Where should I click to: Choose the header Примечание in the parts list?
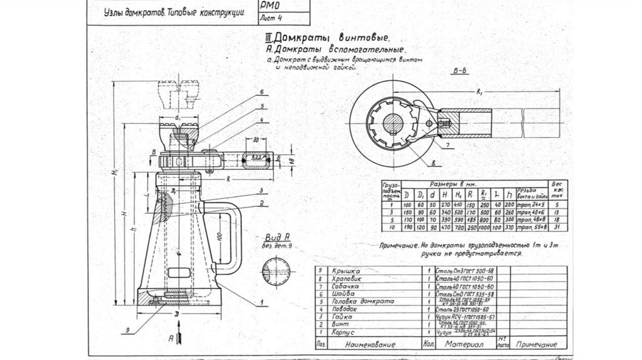[536, 345]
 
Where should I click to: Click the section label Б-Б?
[460, 72]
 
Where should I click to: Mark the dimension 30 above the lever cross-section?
[256, 139]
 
